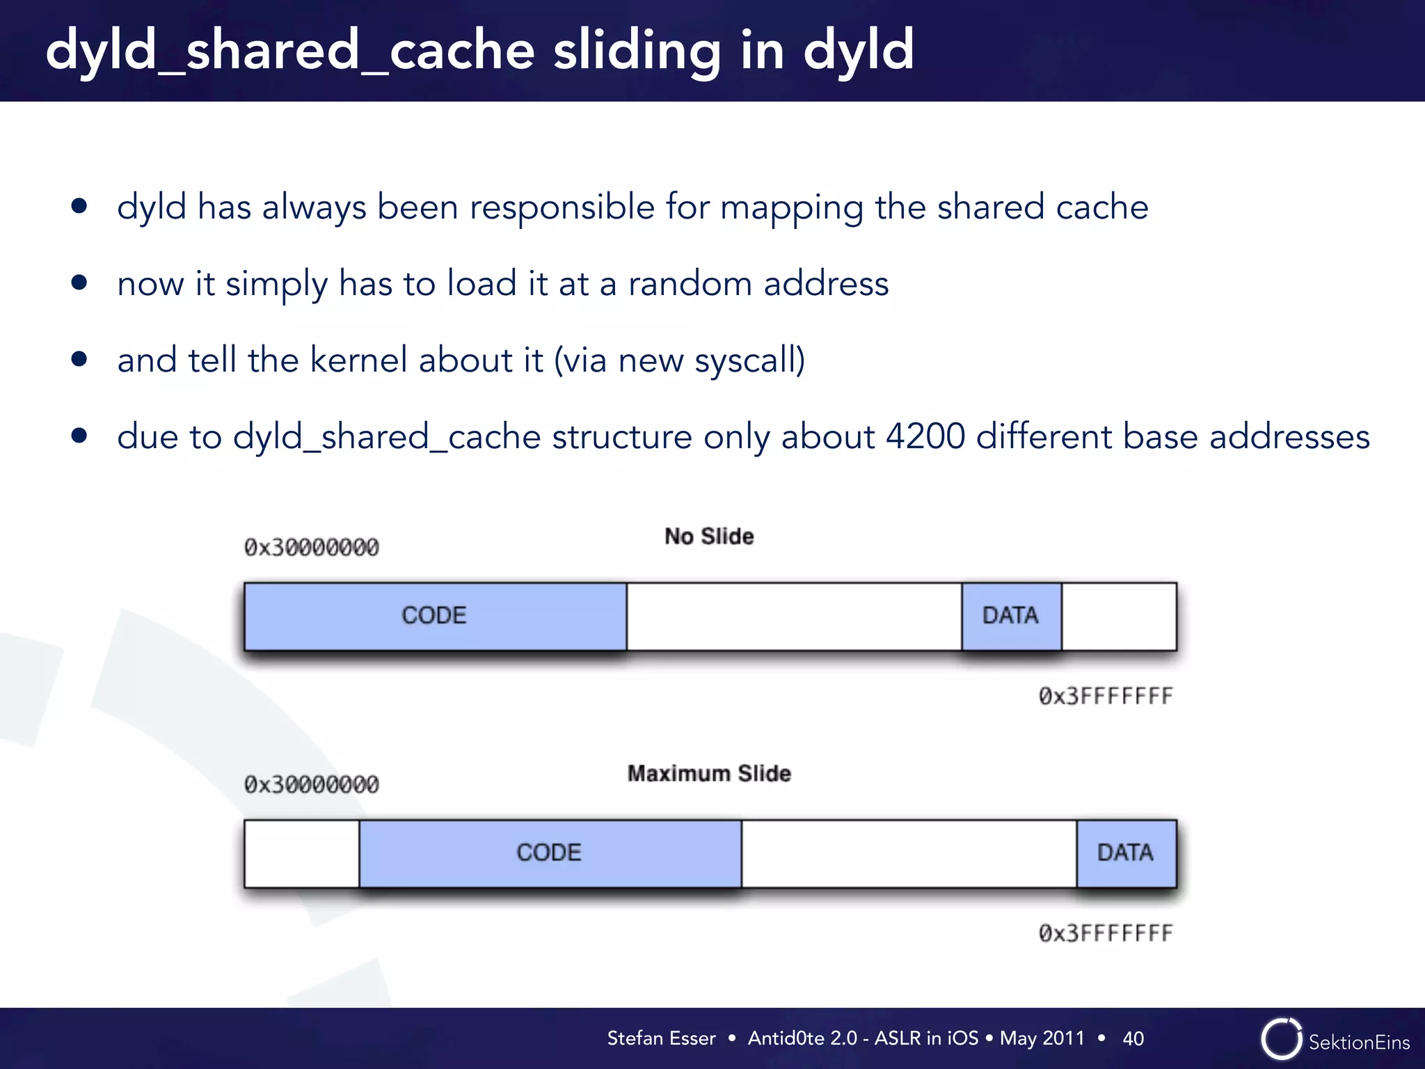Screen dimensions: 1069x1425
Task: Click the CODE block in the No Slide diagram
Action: [435, 616]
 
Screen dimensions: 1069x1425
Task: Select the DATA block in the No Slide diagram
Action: [1011, 616]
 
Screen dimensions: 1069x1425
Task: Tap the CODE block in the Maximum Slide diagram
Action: [550, 853]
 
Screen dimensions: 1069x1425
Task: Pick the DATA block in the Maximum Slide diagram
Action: [1126, 853]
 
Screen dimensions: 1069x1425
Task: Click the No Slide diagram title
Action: [709, 537]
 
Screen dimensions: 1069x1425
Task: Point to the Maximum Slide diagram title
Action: [709, 774]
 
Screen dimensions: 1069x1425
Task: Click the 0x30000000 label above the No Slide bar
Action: [312, 548]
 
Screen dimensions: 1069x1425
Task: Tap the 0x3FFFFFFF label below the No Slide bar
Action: [1106, 696]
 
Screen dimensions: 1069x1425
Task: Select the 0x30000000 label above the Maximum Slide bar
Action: [312, 785]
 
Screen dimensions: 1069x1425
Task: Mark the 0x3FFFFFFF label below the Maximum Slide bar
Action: [1106, 933]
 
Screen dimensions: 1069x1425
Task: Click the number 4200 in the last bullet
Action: [925, 437]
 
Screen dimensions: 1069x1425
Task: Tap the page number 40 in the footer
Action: [1133, 1039]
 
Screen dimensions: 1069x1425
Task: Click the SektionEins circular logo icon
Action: [1281, 1039]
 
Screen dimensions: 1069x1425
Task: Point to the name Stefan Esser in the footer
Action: [661, 1038]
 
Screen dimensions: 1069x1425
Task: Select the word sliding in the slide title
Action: [637, 52]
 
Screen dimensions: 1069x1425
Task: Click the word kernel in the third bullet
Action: [358, 360]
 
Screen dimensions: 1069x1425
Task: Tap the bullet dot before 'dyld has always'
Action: [79, 206]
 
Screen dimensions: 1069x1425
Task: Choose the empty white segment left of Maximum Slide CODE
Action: [301, 853]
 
